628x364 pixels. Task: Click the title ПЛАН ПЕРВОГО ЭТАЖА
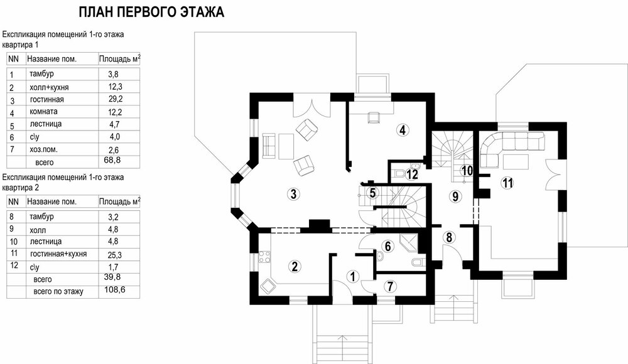(x=151, y=12)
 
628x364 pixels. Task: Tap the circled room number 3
(x=293, y=194)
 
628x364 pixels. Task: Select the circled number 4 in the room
(x=403, y=130)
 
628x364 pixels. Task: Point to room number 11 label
(x=507, y=183)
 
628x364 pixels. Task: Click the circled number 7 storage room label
(x=390, y=286)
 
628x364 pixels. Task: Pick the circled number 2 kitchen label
(x=295, y=266)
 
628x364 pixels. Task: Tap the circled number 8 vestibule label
(x=449, y=237)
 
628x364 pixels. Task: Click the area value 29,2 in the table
(x=116, y=99)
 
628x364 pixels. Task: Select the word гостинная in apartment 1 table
(x=47, y=99)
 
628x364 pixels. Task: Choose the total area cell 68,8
(x=112, y=160)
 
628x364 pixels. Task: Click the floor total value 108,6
(x=114, y=289)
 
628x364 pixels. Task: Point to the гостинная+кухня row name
(x=58, y=254)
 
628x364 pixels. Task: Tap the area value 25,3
(x=114, y=255)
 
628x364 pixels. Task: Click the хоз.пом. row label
(x=44, y=149)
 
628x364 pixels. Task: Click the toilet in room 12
(x=399, y=173)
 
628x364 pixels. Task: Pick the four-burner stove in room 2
(x=264, y=257)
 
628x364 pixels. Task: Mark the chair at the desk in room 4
(x=373, y=117)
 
